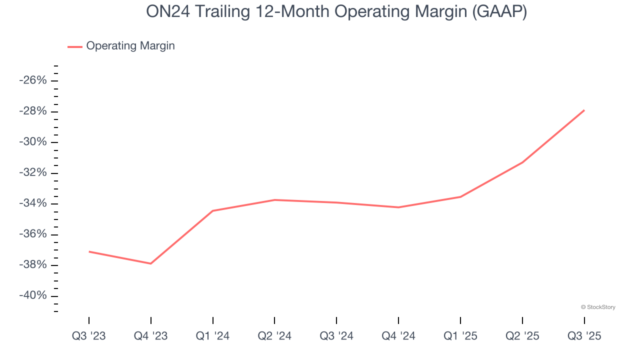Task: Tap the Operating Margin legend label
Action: [x=130, y=46]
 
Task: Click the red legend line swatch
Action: [x=75, y=46]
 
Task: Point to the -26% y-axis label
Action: [x=32, y=80]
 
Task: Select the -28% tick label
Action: [x=32, y=111]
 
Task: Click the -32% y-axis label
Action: [x=32, y=173]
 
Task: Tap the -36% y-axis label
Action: [x=32, y=234]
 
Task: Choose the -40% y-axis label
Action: [x=32, y=295]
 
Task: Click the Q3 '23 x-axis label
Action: [x=89, y=336]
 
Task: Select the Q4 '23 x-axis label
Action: [x=150, y=336]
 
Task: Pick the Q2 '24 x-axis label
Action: [x=274, y=336]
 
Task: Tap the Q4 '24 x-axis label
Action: [x=398, y=336]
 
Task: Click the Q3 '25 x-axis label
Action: [x=584, y=336]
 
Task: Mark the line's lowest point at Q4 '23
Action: [x=151, y=263]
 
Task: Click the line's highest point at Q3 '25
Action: [x=584, y=110]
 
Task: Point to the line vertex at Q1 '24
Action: [x=212, y=211]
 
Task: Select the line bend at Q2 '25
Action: [x=522, y=162]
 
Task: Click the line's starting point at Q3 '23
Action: [x=89, y=251]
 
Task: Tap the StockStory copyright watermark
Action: [x=598, y=307]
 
